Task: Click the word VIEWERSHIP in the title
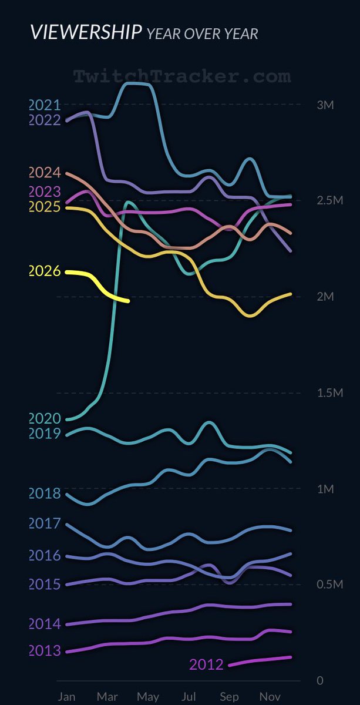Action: [x=85, y=32]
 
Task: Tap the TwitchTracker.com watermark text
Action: [x=181, y=76]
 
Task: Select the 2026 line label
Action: [x=45, y=271]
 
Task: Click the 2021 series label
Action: [x=45, y=106]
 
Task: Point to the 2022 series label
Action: [x=45, y=120]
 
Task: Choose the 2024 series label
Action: [x=45, y=173]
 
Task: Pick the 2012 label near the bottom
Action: [x=206, y=664]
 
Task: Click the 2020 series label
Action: [x=45, y=418]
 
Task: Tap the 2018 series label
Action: [x=45, y=493]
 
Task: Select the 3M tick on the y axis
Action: [x=325, y=105]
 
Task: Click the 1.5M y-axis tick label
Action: [x=329, y=392]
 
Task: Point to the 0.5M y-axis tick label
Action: [x=329, y=585]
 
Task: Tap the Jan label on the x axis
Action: [x=66, y=696]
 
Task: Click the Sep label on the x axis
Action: [x=228, y=696]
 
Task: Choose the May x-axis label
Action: [x=147, y=696]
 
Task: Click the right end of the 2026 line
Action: [x=127, y=301]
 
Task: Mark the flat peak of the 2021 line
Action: [x=138, y=84]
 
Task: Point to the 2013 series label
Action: [x=45, y=651]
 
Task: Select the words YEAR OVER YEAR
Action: [x=202, y=34]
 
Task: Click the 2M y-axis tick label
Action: [x=325, y=297]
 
